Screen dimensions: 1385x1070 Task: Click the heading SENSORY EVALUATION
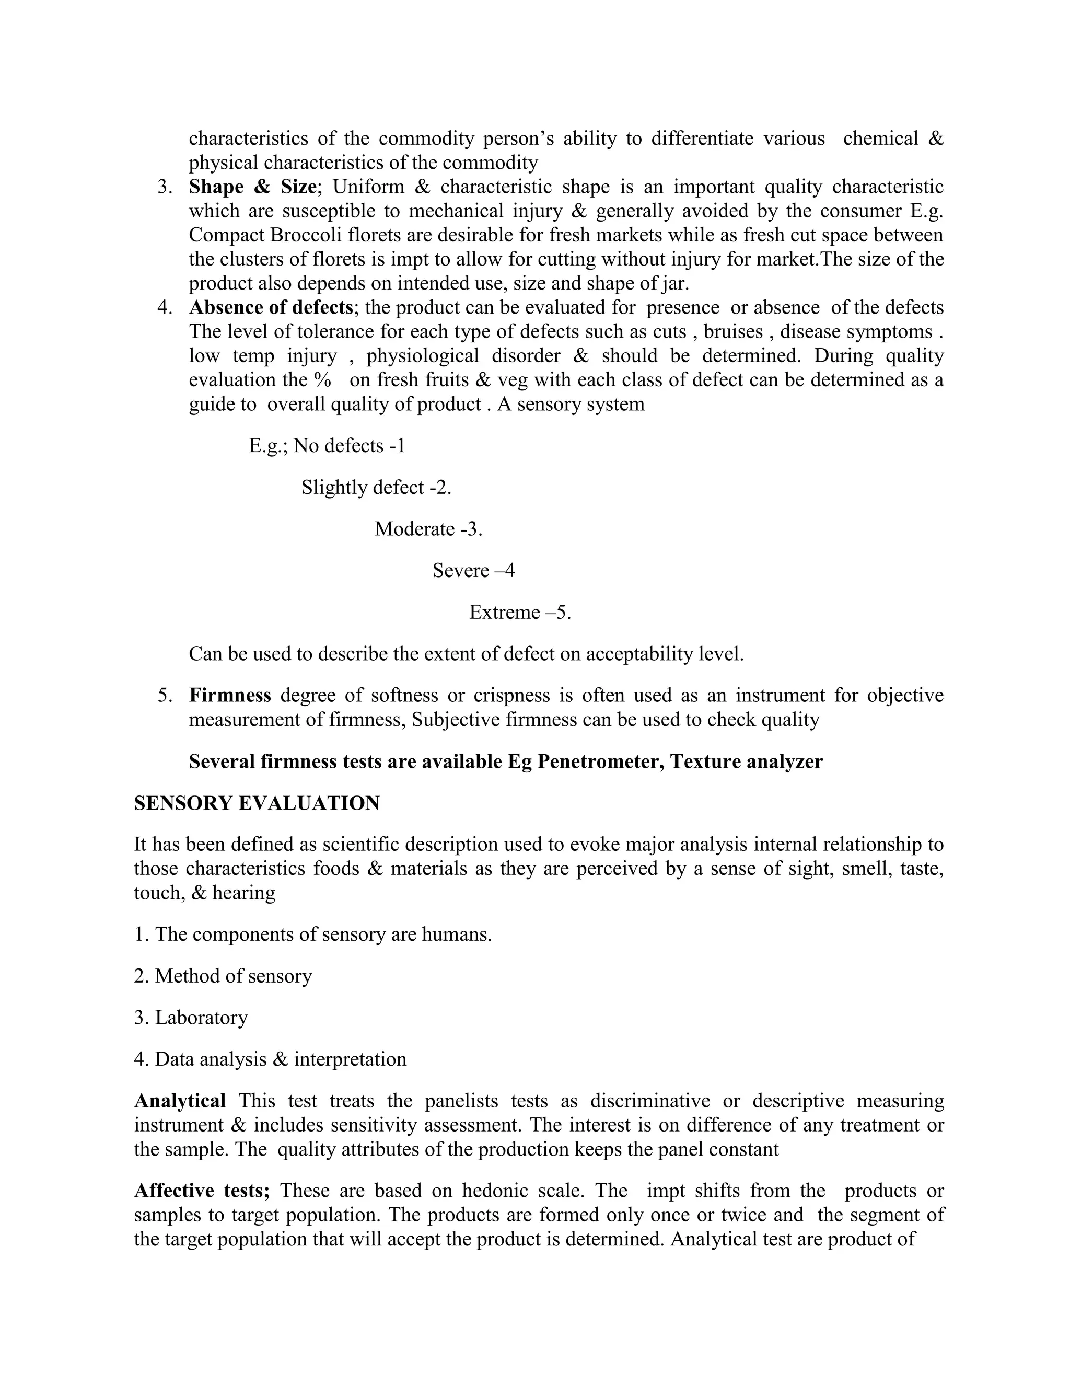[x=257, y=803]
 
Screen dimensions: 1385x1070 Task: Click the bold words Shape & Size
[x=252, y=187]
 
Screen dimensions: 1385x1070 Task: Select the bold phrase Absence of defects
[x=271, y=307]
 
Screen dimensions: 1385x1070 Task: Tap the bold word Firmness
[x=230, y=696]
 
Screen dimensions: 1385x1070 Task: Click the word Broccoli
[x=307, y=235]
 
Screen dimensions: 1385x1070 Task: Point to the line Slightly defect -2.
[x=376, y=488]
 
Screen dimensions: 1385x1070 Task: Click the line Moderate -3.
[x=428, y=529]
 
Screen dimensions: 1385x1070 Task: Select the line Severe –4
[x=473, y=571]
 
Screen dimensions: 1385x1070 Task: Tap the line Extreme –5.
[x=520, y=613]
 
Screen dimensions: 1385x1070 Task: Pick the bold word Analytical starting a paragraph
[x=180, y=1101]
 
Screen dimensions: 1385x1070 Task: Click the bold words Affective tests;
[x=202, y=1191]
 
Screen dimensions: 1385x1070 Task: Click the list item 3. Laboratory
[x=191, y=1018]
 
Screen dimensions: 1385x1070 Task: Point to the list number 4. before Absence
[x=165, y=307]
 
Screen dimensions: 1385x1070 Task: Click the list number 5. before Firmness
[x=165, y=696]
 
